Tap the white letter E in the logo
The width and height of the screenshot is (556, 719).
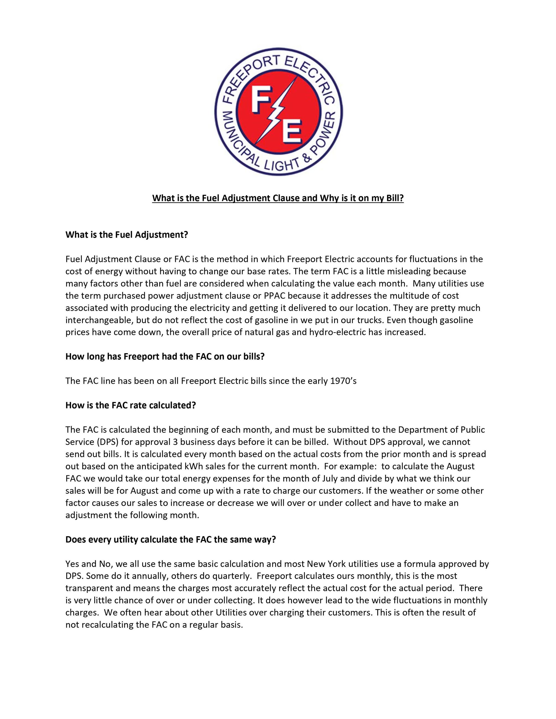click(291, 132)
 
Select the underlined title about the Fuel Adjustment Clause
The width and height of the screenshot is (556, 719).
click(278, 199)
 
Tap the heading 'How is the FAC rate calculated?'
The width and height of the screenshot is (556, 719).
click(130, 405)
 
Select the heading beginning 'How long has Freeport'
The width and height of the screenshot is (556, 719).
click(165, 356)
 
